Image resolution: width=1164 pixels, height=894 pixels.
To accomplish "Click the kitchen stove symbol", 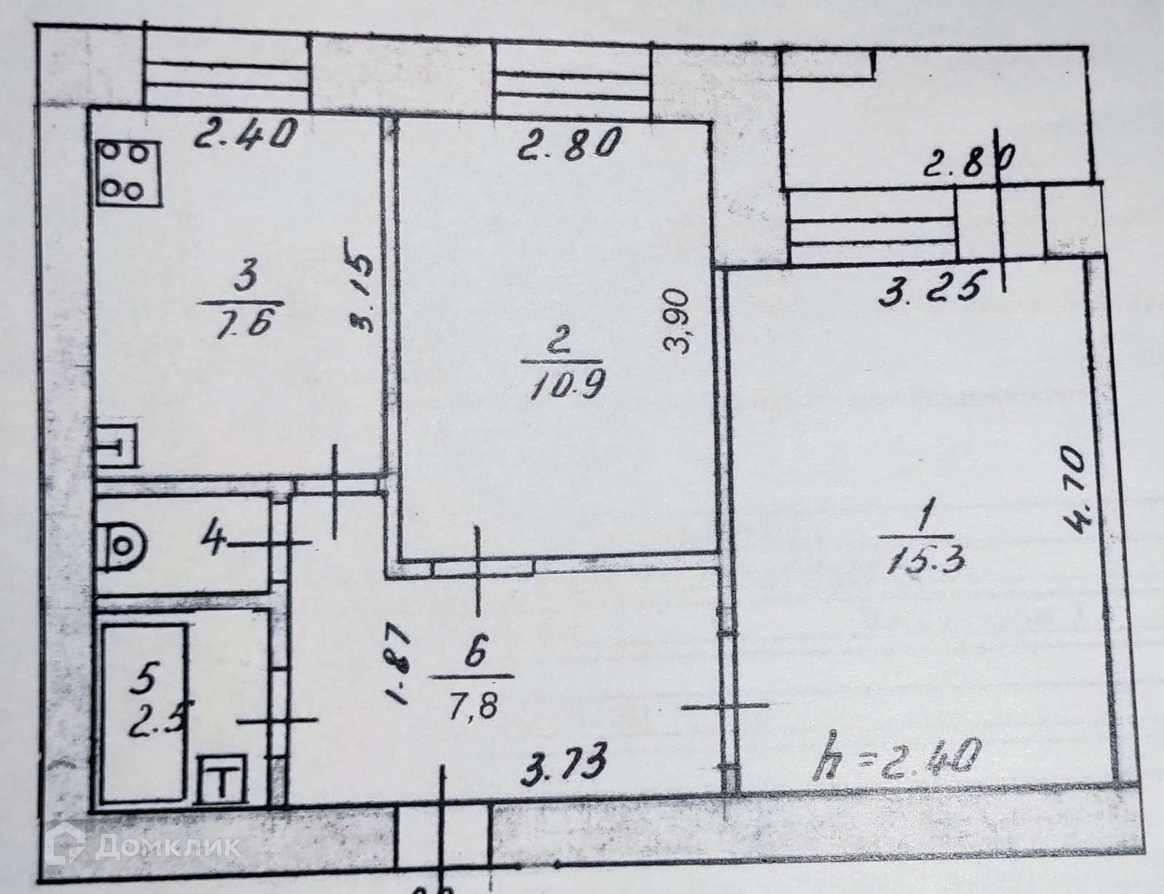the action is pos(127,172).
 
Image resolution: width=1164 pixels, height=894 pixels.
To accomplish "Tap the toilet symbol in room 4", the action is pos(124,543).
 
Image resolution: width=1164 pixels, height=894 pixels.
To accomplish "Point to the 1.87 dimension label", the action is pos(399,668).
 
